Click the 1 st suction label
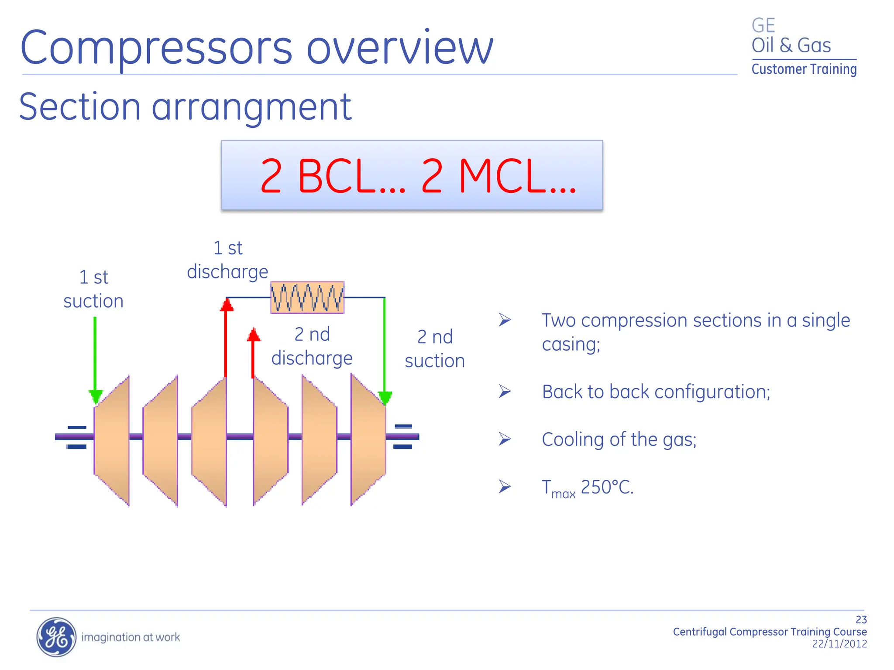(93, 289)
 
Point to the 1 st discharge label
(227, 260)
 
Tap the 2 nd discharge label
(312, 346)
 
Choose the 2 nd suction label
(435, 349)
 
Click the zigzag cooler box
(307, 297)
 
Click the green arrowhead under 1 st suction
(96, 396)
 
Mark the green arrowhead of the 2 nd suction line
(385, 397)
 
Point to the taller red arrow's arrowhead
(227, 304)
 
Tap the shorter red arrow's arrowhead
(254, 335)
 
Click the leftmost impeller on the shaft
(112, 441)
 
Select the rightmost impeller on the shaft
(368, 440)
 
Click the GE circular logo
(56, 637)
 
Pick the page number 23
(861, 620)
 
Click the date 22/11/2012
(839, 644)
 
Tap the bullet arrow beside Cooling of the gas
(505, 439)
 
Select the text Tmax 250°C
(587, 488)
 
